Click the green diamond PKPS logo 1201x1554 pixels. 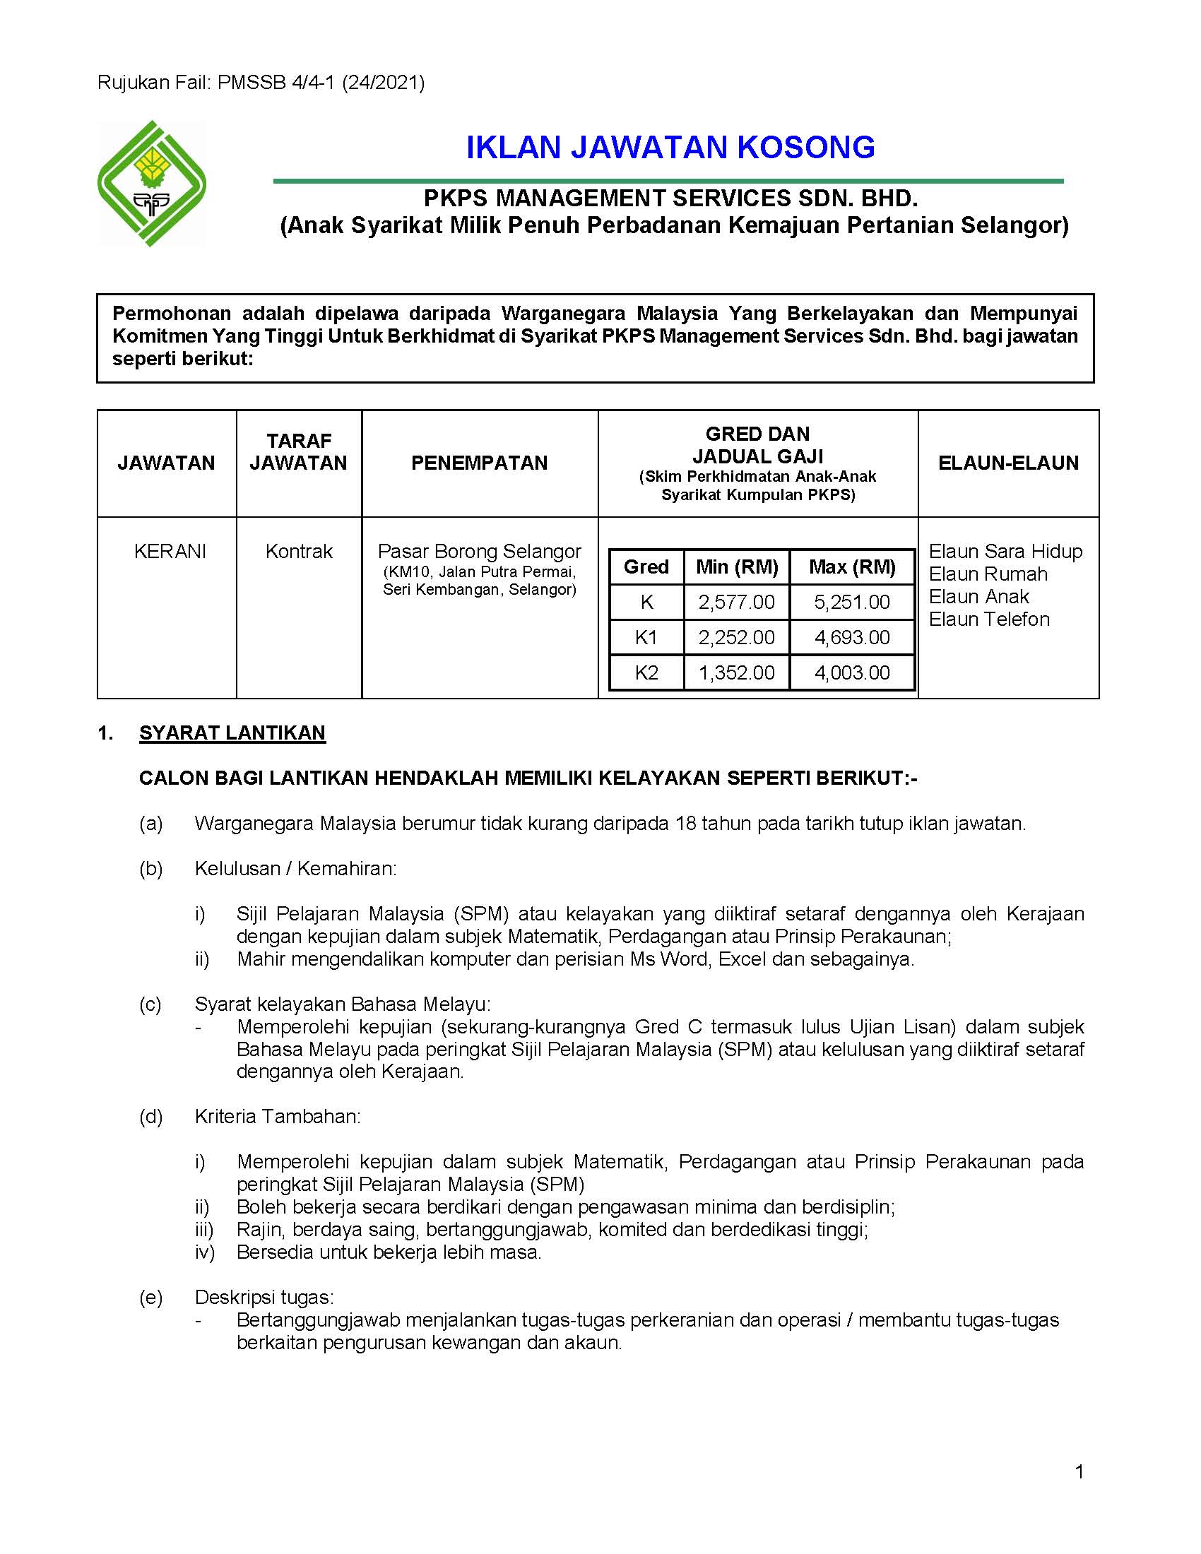point(152,184)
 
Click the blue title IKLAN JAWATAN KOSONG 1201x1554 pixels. point(670,148)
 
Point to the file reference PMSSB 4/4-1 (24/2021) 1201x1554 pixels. point(321,83)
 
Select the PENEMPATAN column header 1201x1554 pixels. point(479,463)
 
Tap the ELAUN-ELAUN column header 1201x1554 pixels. point(1007,463)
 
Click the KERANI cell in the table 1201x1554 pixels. point(170,552)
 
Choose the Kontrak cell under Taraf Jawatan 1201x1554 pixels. point(299,552)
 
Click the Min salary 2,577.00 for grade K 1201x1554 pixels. point(736,603)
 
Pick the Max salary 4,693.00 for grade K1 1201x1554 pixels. point(852,638)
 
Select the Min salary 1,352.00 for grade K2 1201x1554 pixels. point(736,672)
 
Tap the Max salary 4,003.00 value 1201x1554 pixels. point(852,672)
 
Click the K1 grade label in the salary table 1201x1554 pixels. point(646,638)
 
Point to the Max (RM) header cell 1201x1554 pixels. point(852,567)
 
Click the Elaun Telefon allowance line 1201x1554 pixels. point(989,619)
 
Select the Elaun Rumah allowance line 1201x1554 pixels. point(988,574)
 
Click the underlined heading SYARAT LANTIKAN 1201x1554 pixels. point(232,733)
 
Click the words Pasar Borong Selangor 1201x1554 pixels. point(479,552)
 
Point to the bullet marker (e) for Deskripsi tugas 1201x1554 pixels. point(151,1298)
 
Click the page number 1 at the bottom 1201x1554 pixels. point(1079,1471)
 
